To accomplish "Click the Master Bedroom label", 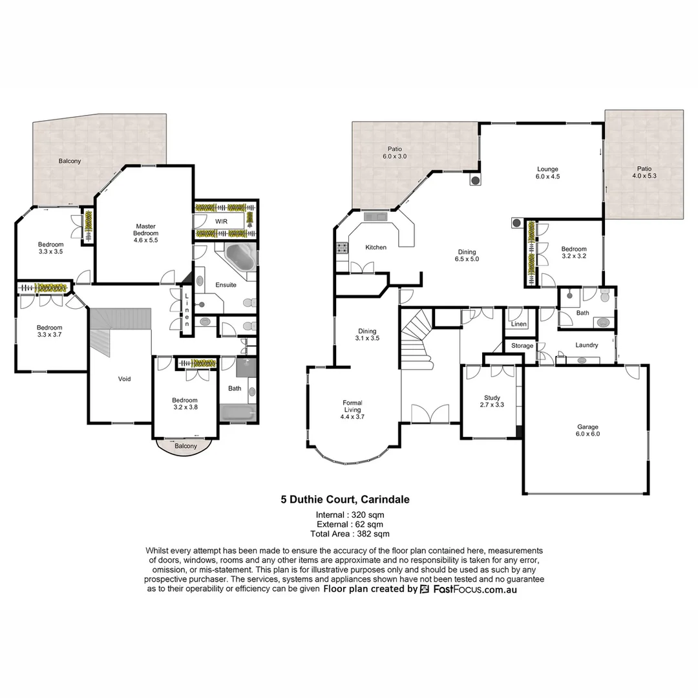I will (145, 233).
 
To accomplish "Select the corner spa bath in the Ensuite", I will (240, 257).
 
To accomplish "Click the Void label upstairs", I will (124, 379).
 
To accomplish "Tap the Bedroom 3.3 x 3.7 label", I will (49, 331).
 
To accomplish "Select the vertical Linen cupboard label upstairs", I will (187, 310).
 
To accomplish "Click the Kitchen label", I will (375, 248).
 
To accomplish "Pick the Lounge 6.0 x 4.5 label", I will (547, 173).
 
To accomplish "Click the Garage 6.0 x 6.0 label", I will (587, 430).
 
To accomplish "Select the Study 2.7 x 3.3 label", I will (492, 401).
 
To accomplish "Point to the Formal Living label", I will (352, 410).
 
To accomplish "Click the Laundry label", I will (586, 345).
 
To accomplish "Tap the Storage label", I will (522, 346).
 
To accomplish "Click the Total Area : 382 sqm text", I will (349, 534).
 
